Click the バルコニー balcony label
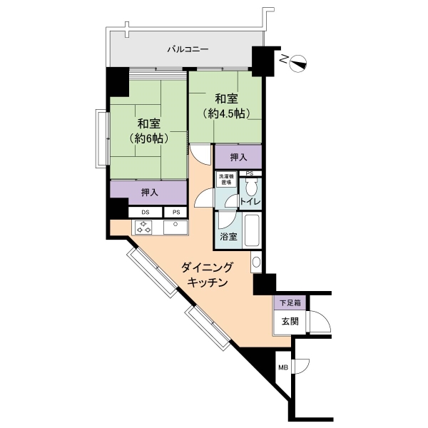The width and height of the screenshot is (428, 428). (x=188, y=49)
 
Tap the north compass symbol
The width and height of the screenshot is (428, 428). (x=298, y=63)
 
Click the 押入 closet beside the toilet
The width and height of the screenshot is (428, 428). (x=238, y=157)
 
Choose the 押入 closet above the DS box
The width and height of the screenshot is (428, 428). (x=149, y=193)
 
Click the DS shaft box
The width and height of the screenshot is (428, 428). (x=146, y=212)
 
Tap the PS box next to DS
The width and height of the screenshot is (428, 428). (x=176, y=212)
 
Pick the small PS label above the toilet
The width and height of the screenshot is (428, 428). (x=250, y=173)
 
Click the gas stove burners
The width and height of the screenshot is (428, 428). (x=144, y=227)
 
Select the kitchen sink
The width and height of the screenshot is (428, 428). (x=175, y=227)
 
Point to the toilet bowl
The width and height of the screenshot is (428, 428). (x=250, y=186)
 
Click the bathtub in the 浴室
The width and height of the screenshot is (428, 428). (x=252, y=230)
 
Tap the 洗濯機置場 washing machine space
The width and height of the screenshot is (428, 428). (x=226, y=179)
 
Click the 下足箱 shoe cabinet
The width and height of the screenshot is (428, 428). (x=290, y=302)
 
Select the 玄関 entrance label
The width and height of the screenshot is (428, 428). (x=290, y=322)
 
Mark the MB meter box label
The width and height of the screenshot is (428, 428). (x=283, y=367)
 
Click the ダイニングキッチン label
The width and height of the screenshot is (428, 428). (x=208, y=275)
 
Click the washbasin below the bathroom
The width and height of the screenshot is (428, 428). (x=256, y=262)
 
